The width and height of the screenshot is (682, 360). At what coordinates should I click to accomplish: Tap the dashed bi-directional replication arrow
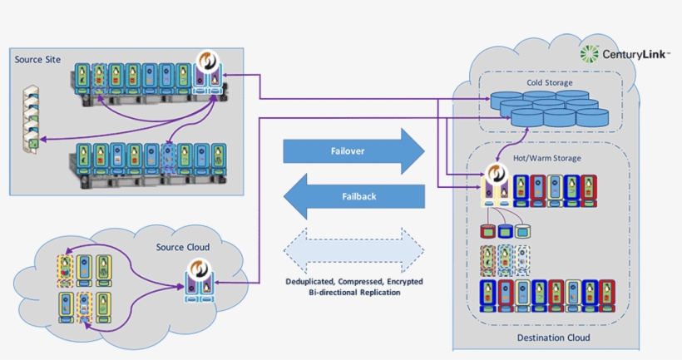pyautogui.click(x=353, y=246)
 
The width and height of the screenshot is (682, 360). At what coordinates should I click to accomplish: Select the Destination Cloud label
pyautogui.click(x=553, y=338)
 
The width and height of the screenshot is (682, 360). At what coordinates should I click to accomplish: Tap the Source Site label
pyautogui.click(x=39, y=60)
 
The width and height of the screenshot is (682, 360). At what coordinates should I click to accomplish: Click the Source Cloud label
pyautogui.click(x=182, y=247)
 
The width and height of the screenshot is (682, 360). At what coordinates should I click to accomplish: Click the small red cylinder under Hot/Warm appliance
pyautogui.click(x=488, y=229)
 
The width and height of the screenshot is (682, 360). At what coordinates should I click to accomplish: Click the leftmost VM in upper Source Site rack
pyautogui.click(x=82, y=77)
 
